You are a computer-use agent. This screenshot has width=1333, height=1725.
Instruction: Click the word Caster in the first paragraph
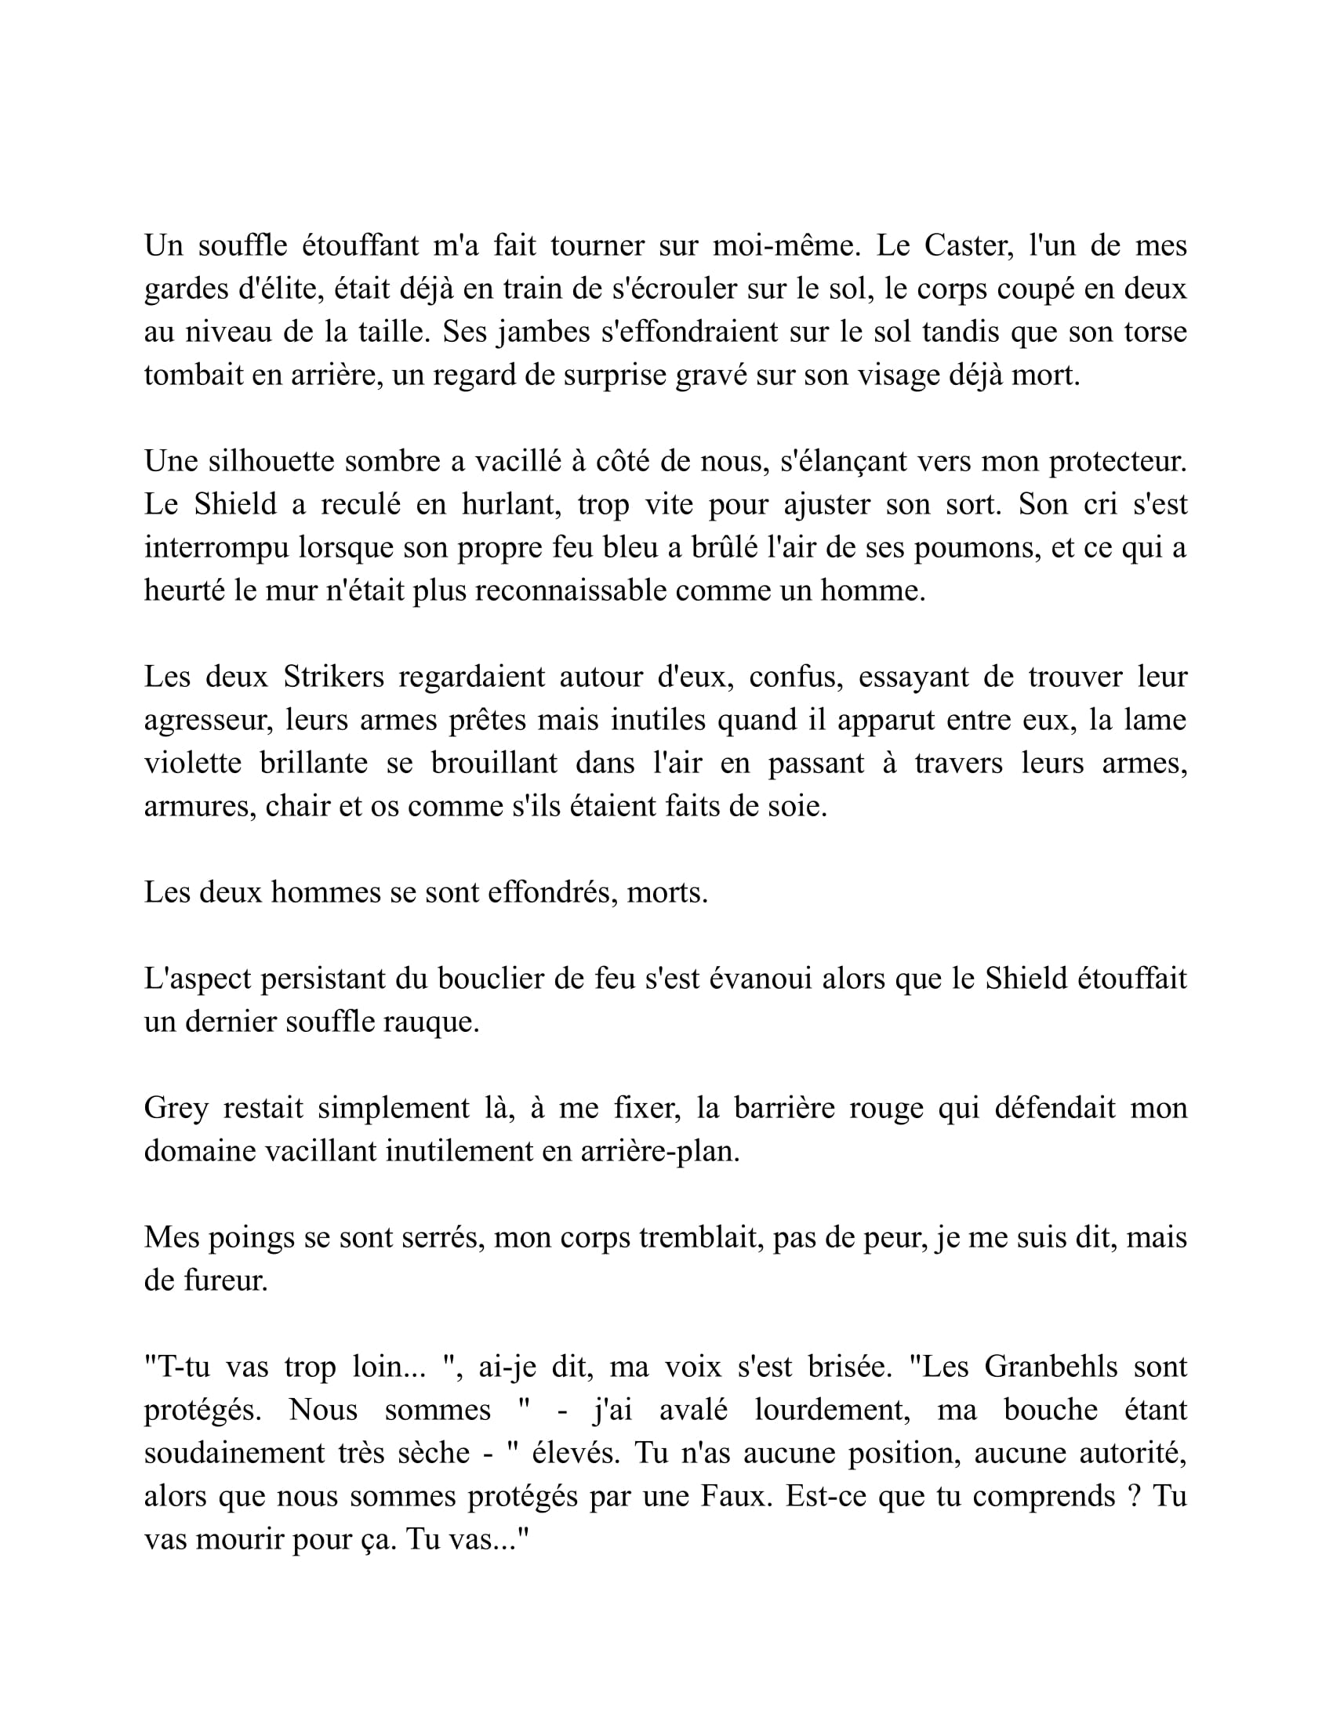pos(968,246)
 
